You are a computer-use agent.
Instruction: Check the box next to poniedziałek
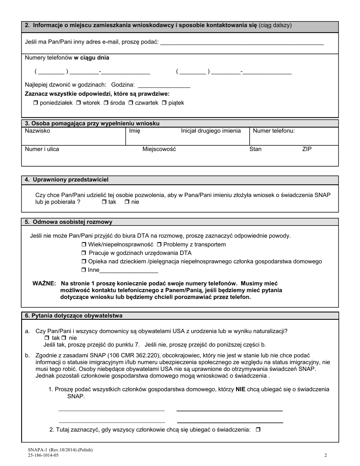pos(36,103)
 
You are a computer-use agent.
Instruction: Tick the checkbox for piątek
pos(164,103)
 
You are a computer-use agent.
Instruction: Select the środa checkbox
pos(106,103)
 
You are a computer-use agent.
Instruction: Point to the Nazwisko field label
pos(37,131)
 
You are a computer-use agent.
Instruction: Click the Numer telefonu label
pos(274,131)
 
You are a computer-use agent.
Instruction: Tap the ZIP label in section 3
pos(307,149)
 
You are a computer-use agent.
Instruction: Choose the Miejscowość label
pos(159,149)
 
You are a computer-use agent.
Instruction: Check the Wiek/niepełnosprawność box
pos(84,245)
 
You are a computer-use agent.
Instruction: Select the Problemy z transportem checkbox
pos(159,245)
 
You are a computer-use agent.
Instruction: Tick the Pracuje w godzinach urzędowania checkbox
pos(84,253)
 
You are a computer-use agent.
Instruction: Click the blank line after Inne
pos(129,271)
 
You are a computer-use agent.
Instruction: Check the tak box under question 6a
pos(47,338)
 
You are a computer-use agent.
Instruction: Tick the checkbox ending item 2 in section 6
pos(258,430)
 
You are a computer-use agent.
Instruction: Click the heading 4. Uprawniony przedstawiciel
pos(67,180)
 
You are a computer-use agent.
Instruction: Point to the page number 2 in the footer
pos(326,455)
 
